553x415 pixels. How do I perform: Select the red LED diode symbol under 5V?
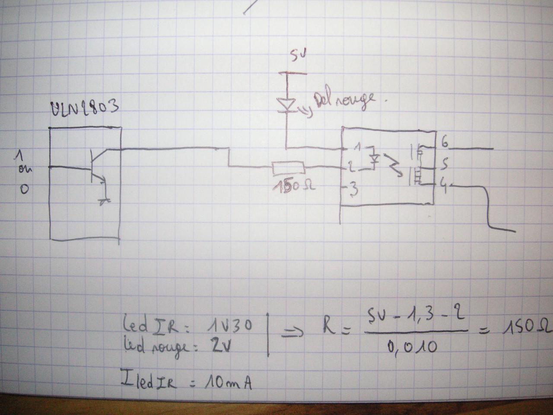(x=286, y=104)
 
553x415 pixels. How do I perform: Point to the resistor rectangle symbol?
(x=288, y=168)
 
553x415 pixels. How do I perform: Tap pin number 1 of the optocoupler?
(x=356, y=147)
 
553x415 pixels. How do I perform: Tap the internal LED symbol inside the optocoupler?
(x=375, y=159)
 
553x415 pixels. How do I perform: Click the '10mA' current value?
(x=228, y=382)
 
